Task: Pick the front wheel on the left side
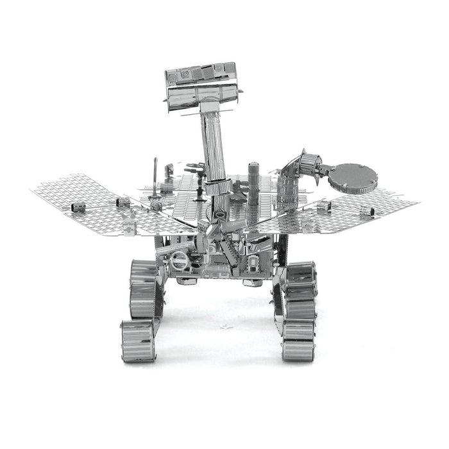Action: tap(137, 341)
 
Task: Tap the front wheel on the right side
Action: tap(298, 341)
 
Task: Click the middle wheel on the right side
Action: tap(299, 301)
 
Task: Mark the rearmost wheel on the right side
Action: tap(300, 273)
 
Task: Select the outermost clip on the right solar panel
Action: tap(367, 210)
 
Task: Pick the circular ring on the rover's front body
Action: tap(180, 260)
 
